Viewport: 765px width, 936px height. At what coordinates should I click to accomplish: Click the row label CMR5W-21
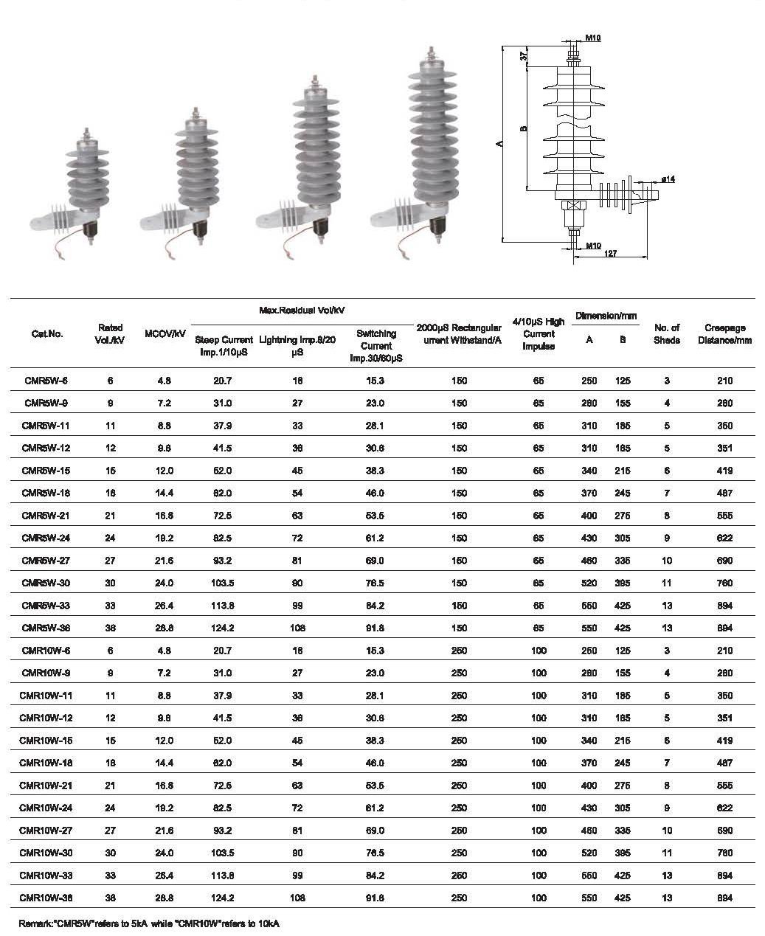click(46, 516)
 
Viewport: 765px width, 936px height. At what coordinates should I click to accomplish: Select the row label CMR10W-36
click(46, 898)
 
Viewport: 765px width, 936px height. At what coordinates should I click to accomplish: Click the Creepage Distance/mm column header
click(724, 334)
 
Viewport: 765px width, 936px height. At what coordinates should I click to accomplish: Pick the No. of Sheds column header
click(666, 334)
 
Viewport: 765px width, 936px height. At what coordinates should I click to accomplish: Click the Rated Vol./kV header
click(110, 334)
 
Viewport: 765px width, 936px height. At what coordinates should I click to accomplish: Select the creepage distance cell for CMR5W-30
click(724, 583)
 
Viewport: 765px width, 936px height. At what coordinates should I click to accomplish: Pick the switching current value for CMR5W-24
click(376, 538)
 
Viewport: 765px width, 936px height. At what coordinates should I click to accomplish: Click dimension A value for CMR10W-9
click(589, 673)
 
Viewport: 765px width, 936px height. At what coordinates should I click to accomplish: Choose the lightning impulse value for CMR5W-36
click(297, 628)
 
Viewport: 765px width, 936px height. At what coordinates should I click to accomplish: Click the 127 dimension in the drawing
click(610, 254)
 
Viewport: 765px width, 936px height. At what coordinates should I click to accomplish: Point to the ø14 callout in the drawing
click(668, 179)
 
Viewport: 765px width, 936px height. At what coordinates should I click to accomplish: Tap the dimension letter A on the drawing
click(499, 145)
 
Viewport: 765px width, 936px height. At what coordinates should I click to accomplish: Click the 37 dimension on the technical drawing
click(525, 55)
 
